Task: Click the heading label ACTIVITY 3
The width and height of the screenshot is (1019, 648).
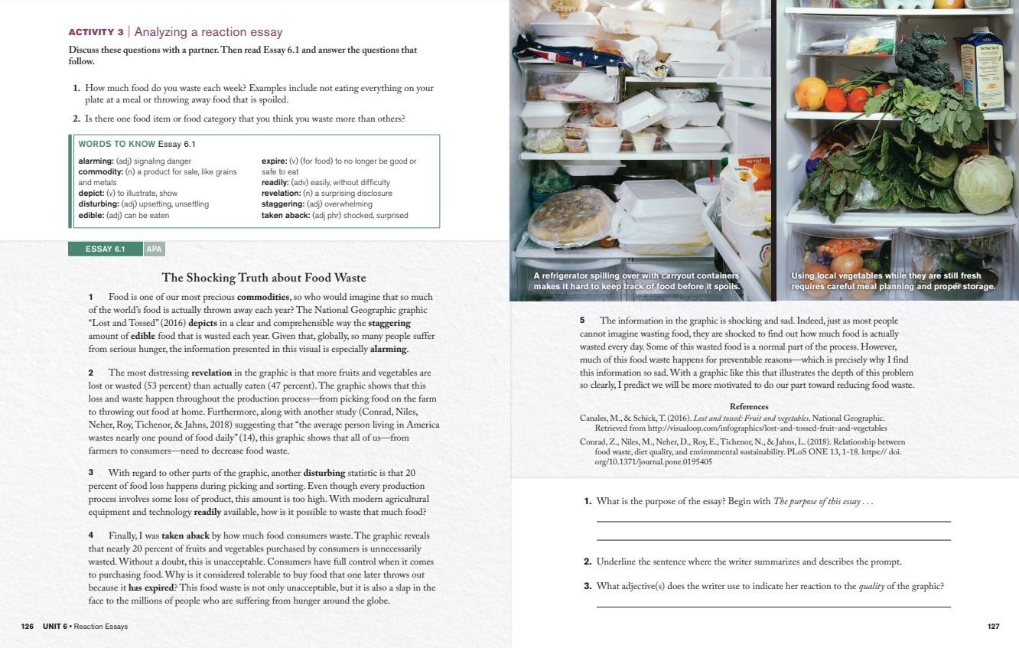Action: (x=96, y=32)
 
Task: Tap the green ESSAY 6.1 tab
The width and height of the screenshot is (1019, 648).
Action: (x=105, y=249)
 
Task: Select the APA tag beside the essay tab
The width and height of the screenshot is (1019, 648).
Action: (x=155, y=249)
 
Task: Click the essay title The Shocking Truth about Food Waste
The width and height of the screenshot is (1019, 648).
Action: (x=264, y=278)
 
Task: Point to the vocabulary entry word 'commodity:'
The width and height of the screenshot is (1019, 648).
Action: (x=100, y=172)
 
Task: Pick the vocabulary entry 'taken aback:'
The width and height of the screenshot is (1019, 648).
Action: (x=285, y=215)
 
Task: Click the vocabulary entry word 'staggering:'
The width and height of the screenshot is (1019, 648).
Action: (x=283, y=204)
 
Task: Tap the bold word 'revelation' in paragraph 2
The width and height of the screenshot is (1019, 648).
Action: (x=212, y=373)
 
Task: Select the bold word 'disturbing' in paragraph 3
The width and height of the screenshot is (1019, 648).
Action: (x=324, y=473)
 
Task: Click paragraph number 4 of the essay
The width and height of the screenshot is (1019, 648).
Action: (x=91, y=536)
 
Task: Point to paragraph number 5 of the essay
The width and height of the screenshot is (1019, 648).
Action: (x=582, y=321)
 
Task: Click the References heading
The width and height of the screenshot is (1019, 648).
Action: (x=749, y=406)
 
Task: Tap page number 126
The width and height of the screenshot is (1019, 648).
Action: (x=28, y=626)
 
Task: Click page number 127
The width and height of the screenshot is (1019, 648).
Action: (x=994, y=626)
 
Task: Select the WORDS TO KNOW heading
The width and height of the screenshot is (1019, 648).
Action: (x=117, y=145)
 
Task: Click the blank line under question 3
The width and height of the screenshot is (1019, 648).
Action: (x=773, y=607)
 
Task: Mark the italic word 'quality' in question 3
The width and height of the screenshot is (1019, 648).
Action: (x=871, y=587)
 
